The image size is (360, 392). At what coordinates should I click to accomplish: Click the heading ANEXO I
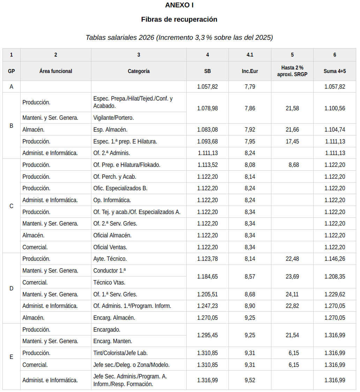[179, 5]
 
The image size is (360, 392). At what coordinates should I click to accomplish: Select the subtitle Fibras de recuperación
[179, 20]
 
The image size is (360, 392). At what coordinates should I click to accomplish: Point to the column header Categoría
[138, 71]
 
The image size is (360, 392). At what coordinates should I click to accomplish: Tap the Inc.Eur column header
[250, 71]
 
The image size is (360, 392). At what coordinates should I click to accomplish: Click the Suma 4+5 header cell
[335, 71]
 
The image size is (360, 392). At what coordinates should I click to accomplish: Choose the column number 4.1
[250, 55]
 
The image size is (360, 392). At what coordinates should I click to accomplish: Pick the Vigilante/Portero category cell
[114, 118]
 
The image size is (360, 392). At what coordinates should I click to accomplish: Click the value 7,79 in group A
[250, 87]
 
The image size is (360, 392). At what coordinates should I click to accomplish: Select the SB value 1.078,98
[207, 108]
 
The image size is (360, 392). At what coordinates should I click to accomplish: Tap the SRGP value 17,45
[292, 141]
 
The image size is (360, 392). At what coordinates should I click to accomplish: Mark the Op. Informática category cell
[112, 200]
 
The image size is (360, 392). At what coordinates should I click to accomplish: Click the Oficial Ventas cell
[110, 247]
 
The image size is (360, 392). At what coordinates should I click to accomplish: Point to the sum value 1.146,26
[335, 259]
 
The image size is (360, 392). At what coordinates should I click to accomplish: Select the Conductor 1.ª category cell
[110, 271]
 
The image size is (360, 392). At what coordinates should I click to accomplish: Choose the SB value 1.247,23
[207, 306]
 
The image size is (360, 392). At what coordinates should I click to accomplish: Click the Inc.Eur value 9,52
[250, 380]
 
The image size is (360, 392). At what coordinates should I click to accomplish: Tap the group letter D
[12, 288]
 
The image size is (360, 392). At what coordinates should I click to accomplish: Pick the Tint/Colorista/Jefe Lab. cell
[118, 353]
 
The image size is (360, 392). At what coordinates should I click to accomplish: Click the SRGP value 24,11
[292, 294]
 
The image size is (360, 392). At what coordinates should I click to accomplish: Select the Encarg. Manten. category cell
[113, 341]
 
